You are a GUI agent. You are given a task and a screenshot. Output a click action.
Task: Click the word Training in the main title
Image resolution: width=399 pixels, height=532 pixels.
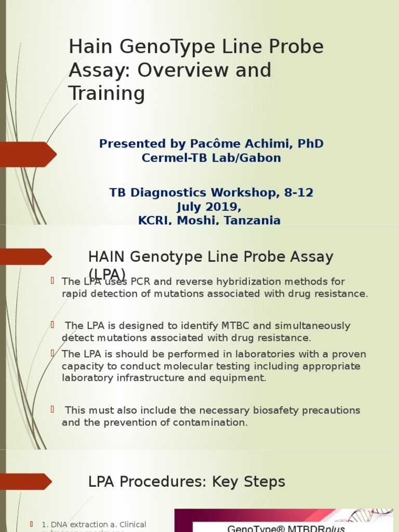point(107,94)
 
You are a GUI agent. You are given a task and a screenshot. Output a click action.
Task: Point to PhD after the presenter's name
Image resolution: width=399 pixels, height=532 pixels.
point(312,143)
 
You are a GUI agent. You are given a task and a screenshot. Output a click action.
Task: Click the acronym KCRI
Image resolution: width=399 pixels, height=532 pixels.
point(154,220)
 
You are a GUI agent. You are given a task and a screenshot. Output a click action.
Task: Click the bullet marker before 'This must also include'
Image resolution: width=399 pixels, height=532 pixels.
point(52,410)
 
